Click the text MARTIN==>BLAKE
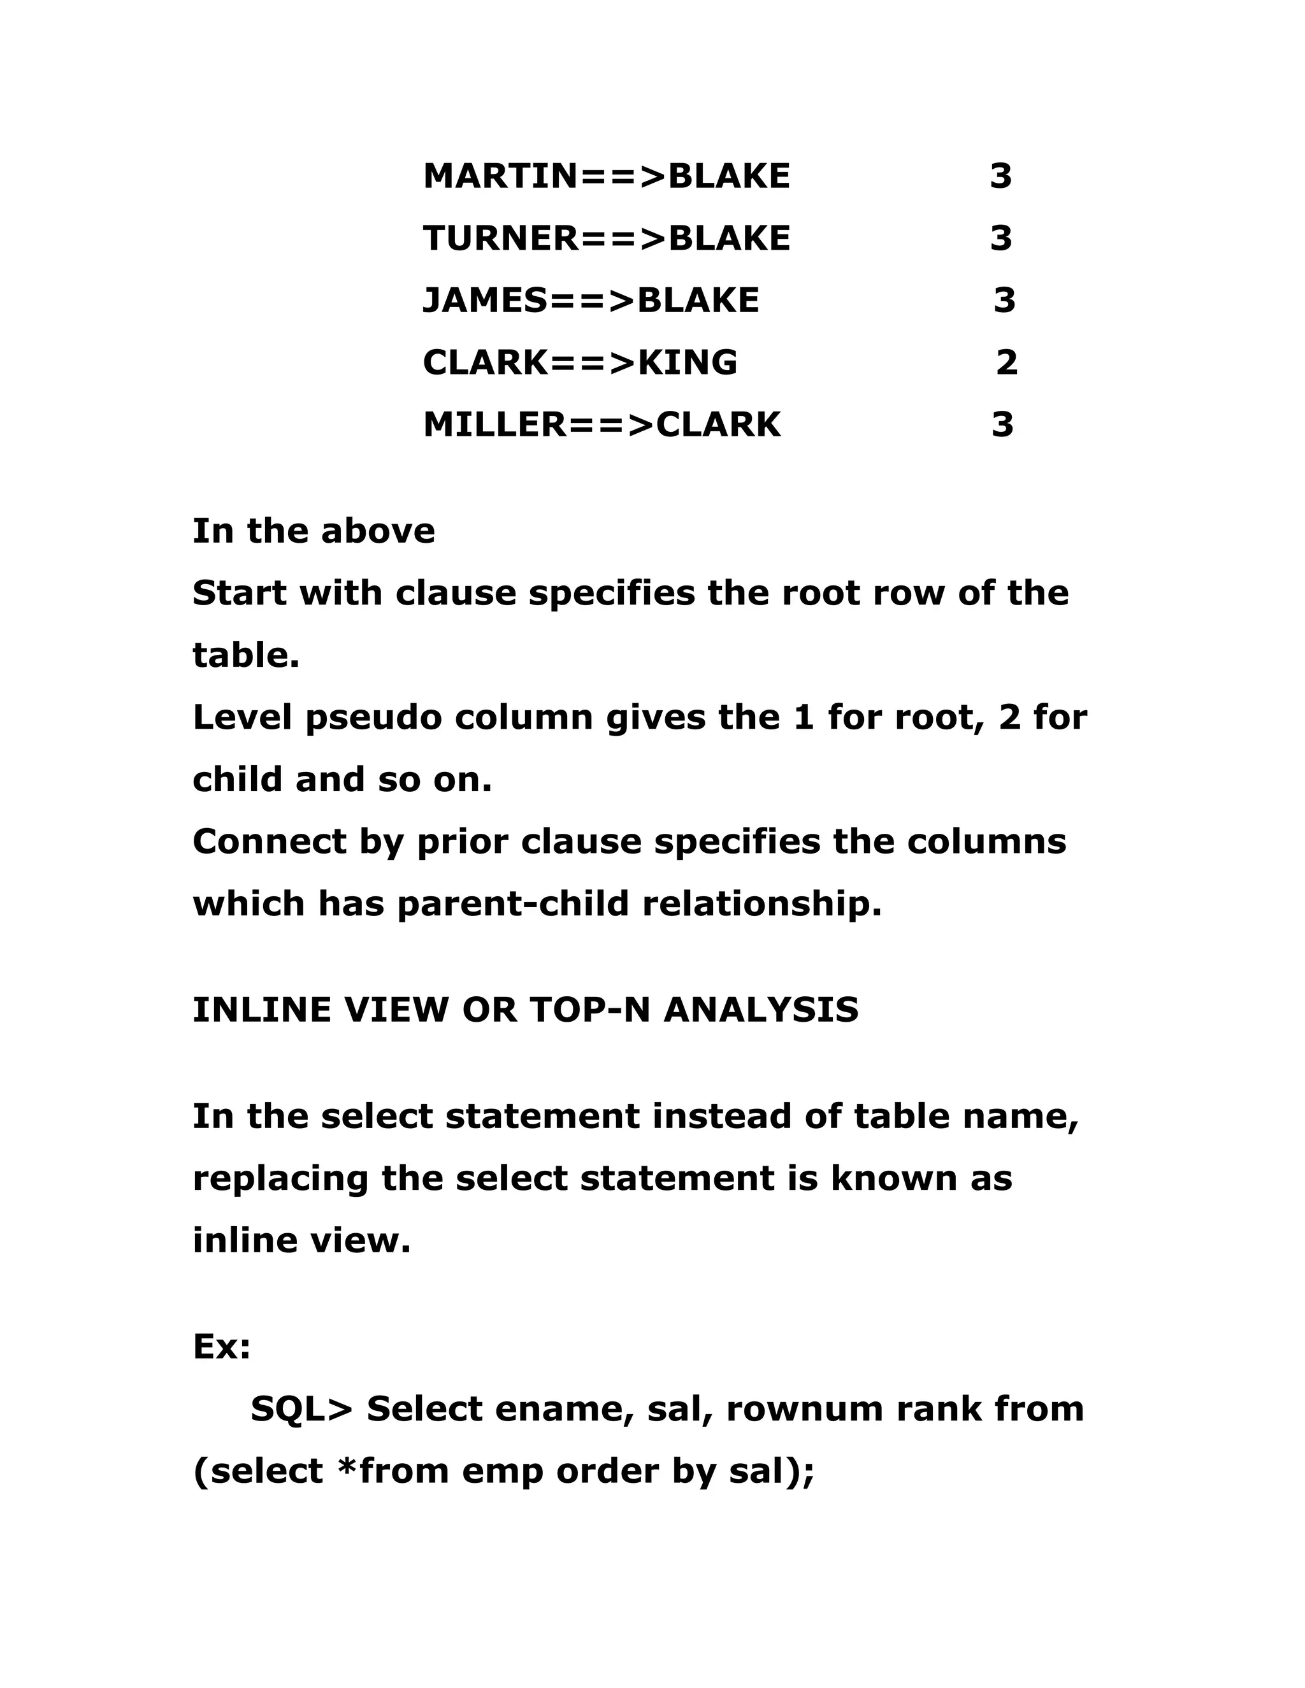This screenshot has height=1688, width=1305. click(606, 176)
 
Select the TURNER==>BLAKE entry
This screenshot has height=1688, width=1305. click(606, 238)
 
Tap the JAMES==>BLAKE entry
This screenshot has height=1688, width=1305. click(591, 300)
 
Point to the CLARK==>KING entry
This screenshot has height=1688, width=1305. click(580, 362)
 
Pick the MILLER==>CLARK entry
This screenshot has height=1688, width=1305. click(602, 424)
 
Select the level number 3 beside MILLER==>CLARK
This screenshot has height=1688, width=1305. click(1002, 424)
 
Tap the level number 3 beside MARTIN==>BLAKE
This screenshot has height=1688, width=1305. click(1000, 176)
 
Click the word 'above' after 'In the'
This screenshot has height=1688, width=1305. click(378, 531)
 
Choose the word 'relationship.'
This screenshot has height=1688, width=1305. click(762, 903)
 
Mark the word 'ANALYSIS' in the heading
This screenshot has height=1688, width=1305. click(761, 1010)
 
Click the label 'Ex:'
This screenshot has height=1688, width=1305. click(222, 1347)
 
